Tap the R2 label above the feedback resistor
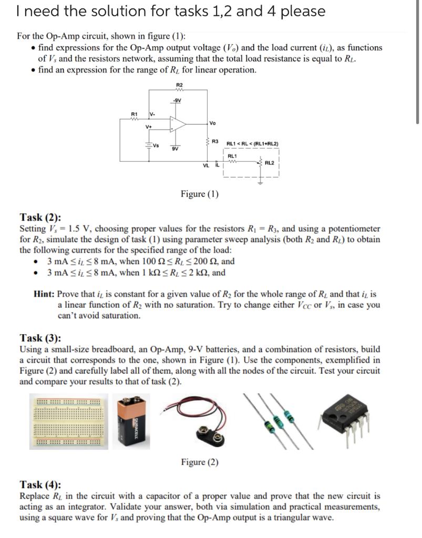click(x=179, y=85)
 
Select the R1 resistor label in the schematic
click(x=134, y=113)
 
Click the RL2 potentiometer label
click(x=270, y=162)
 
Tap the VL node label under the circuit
click(x=207, y=167)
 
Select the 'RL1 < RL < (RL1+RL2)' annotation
click(x=252, y=143)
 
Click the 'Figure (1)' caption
click(x=200, y=194)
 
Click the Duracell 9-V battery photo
click(x=129, y=421)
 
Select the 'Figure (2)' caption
click(x=200, y=462)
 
